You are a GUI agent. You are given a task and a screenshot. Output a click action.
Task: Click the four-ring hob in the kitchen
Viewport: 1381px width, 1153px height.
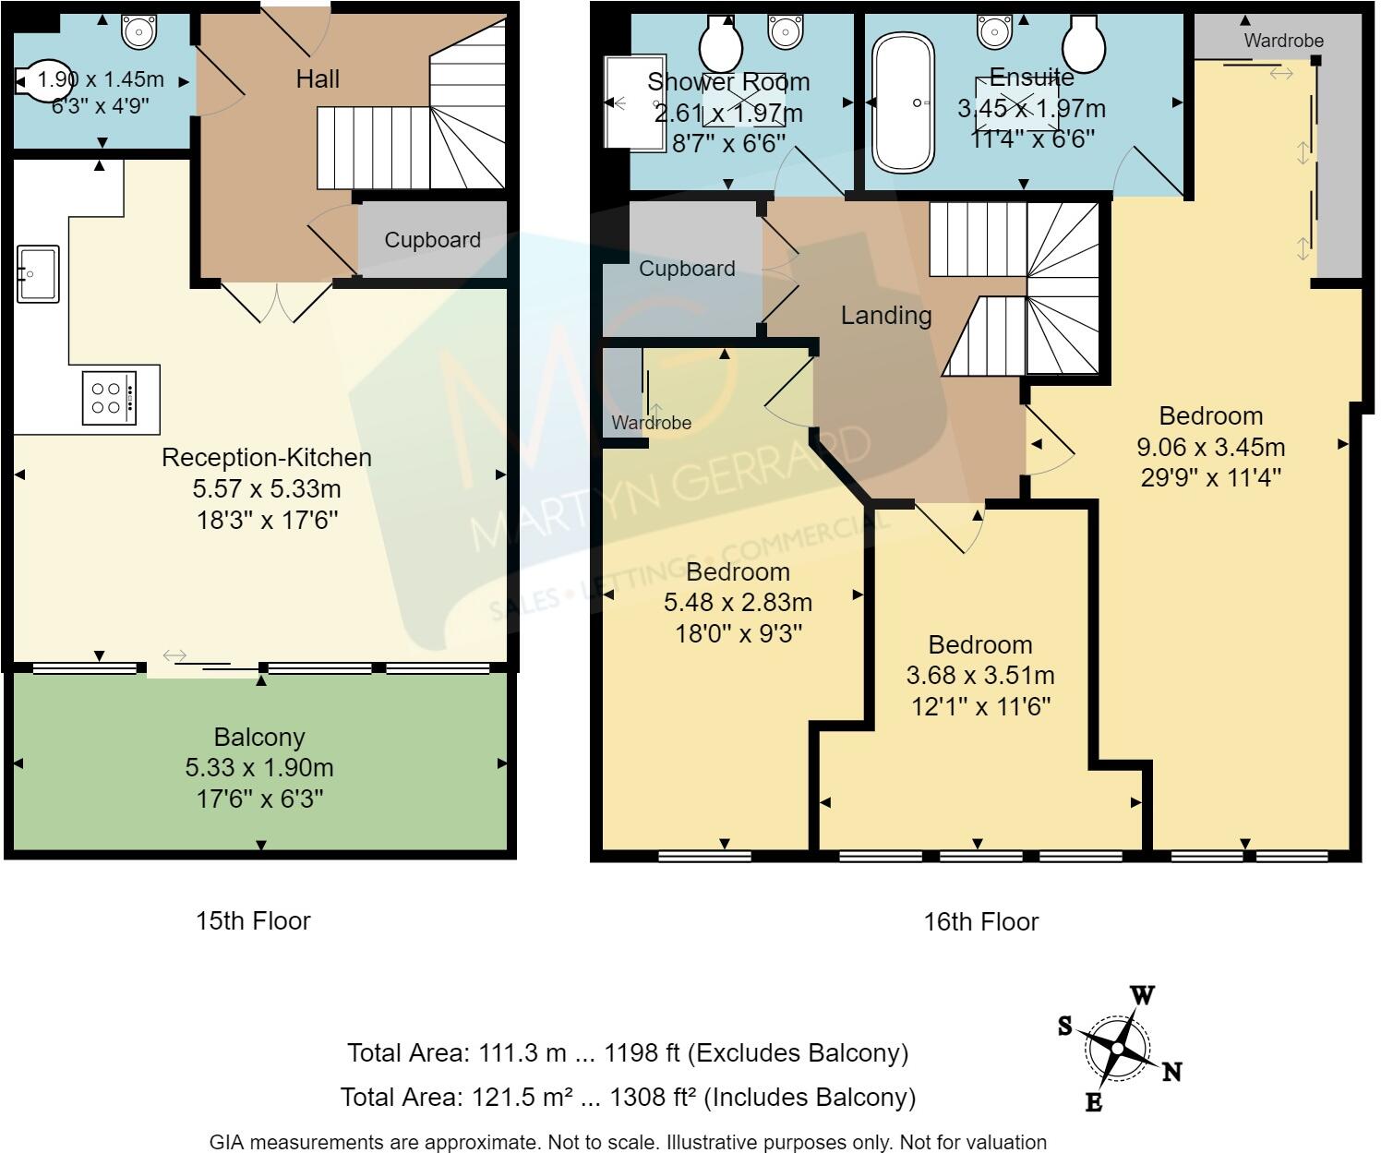(110, 398)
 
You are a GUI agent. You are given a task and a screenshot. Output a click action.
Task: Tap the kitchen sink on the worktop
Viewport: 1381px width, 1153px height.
(38, 274)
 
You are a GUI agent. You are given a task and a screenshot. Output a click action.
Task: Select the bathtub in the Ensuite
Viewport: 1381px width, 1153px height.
(903, 102)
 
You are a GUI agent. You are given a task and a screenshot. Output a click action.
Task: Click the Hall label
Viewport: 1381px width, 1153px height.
(318, 79)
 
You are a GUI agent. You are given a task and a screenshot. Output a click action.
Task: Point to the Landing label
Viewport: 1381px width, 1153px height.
(886, 316)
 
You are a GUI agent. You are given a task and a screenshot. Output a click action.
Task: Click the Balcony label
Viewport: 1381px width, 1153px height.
(259, 737)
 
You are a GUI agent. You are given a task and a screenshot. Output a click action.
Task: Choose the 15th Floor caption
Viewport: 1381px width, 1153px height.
(253, 920)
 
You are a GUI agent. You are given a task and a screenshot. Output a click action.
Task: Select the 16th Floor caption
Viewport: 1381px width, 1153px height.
(981, 921)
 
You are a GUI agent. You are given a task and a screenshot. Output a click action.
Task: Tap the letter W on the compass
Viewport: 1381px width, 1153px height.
(1142, 995)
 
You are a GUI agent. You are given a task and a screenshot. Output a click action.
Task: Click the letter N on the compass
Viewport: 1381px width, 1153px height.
(1172, 1073)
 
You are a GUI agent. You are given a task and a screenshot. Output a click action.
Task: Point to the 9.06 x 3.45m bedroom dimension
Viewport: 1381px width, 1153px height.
(1211, 447)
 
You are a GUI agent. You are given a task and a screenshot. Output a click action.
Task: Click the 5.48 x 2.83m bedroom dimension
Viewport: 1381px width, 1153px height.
(739, 603)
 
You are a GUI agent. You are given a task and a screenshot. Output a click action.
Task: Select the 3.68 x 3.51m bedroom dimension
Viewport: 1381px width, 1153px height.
(980, 676)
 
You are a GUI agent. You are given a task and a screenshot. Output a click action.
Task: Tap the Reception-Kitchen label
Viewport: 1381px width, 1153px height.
(267, 458)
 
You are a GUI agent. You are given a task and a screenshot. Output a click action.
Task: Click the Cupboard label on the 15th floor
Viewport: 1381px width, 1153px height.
(433, 239)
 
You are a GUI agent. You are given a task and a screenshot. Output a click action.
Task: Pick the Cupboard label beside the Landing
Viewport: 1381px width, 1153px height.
(687, 269)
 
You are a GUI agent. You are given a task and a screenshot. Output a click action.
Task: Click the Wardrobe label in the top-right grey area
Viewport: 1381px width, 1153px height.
(1284, 41)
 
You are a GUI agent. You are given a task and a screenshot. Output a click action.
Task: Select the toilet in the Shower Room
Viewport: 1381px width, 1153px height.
(721, 42)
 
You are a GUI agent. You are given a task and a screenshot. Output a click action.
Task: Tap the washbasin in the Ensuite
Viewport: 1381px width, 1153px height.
(994, 31)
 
